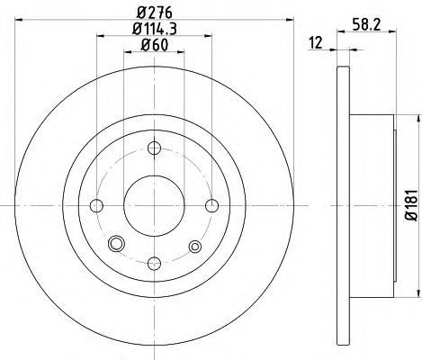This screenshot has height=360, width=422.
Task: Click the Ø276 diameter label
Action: pyautogui.click(x=155, y=13)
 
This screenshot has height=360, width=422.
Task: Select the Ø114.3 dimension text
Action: pyautogui.click(x=155, y=29)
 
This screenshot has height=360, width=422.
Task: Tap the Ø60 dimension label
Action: pyautogui.click(x=155, y=45)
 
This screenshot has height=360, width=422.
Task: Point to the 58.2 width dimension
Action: pyautogui.click(x=366, y=25)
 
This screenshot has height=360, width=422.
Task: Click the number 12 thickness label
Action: pyautogui.click(x=316, y=43)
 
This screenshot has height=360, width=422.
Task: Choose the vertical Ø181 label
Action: pyautogui.click(x=411, y=205)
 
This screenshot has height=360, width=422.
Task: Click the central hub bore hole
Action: pyautogui.click(x=154, y=205)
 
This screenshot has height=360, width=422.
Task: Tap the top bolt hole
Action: pyautogui.click(x=155, y=148)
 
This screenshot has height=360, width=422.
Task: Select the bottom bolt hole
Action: pyautogui.click(x=155, y=264)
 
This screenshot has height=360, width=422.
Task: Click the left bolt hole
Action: pyautogui.click(x=96, y=206)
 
